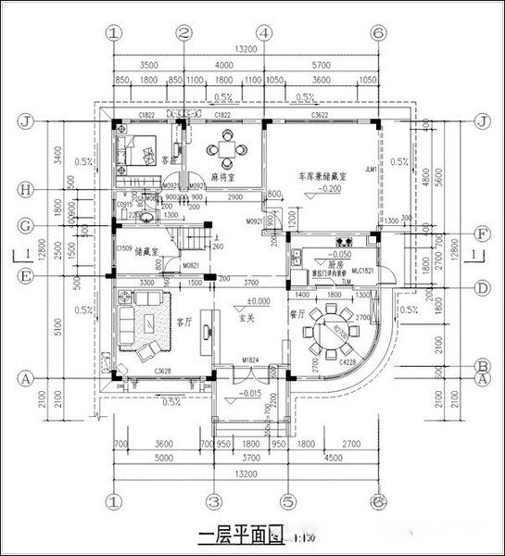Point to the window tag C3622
pyautogui.click(x=322, y=115)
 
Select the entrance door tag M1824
pyautogui.click(x=248, y=360)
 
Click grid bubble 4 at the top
pyautogui.click(x=265, y=32)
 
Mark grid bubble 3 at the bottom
pyautogui.click(x=212, y=501)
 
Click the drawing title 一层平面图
pyautogui.click(x=238, y=536)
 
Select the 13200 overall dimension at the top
pyautogui.click(x=245, y=49)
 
